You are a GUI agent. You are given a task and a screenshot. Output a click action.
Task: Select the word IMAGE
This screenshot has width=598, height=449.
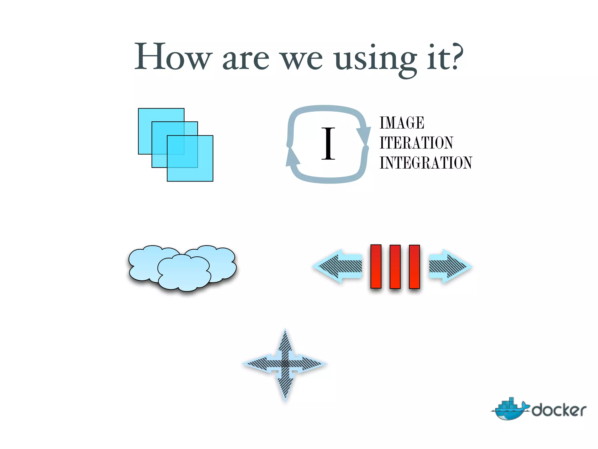(x=402, y=123)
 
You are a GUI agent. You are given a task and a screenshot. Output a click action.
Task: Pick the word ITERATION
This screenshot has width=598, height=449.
(x=416, y=143)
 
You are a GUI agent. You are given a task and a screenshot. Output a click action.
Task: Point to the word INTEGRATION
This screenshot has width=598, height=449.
(x=426, y=163)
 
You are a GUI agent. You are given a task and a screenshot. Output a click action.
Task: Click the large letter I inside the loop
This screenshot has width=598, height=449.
(x=328, y=144)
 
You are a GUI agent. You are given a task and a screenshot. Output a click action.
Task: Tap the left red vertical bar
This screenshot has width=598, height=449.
(x=376, y=266)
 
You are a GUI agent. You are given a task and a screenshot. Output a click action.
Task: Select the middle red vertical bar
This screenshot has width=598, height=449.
(x=395, y=267)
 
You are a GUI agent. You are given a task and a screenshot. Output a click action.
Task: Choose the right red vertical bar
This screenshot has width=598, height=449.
(x=414, y=267)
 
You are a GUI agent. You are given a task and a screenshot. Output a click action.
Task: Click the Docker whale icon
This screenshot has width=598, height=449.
(x=510, y=409)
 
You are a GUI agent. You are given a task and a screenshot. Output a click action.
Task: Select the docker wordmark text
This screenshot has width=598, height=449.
(x=559, y=410)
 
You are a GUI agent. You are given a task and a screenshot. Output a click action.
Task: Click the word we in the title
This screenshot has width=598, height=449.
(x=301, y=60)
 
